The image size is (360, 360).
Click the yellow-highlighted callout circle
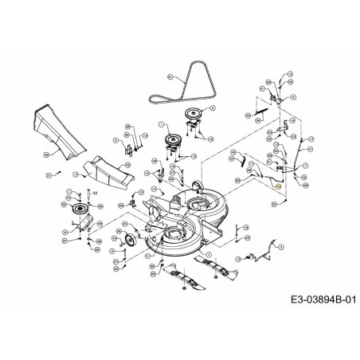click(278, 186)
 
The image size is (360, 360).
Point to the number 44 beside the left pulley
click(95, 193)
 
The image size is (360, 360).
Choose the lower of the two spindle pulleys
click(170, 143)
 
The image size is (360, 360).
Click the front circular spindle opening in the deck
click(173, 233)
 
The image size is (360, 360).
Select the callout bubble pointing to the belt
click(170, 76)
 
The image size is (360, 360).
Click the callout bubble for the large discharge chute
click(47, 152)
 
